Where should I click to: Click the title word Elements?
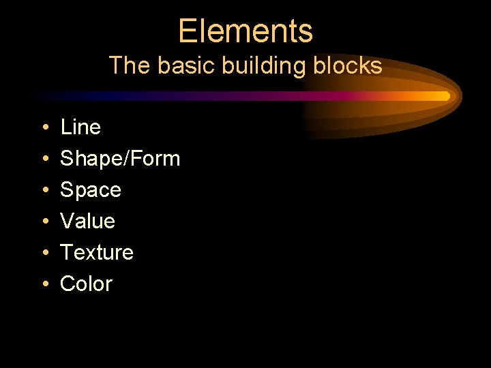[x=245, y=31]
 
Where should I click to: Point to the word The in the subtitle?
[x=127, y=65]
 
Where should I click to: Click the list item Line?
[x=80, y=127]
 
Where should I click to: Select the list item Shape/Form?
[x=120, y=159]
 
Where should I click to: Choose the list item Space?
[x=91, y=189]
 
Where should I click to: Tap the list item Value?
[x=88, y=221]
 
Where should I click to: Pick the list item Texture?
[x=97, y=252]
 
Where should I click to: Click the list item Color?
[x=86, y=283]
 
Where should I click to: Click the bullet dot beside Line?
[x=43, y=128]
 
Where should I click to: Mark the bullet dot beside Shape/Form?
[x=43, y=159]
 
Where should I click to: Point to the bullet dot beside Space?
[x=43, y=191]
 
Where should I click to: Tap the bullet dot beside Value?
[x=43, y=222]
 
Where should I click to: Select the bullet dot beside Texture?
[x=43, y=254]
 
